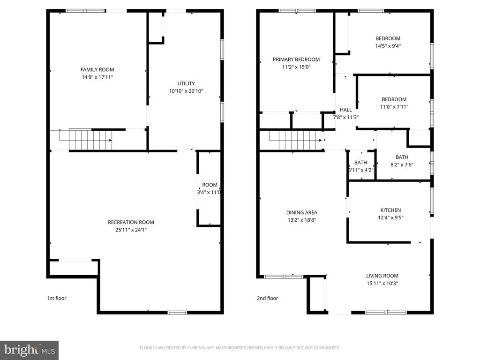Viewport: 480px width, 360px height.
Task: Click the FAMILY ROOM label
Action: [97, 70]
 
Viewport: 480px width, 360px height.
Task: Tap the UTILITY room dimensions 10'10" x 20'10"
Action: [186, 91]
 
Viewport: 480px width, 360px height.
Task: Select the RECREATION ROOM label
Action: [131, 222]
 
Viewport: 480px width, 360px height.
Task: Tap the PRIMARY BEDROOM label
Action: [296, 60]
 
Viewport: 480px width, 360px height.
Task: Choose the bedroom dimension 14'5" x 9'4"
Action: [388, 46]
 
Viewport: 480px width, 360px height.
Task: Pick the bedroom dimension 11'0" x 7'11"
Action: [394, 107]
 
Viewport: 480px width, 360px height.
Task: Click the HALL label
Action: [345, 110]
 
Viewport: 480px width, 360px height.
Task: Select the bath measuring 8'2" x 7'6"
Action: [402, 161]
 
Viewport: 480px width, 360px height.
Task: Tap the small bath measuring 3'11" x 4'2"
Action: [360, 166]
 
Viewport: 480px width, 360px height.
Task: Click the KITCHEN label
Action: [390, 210]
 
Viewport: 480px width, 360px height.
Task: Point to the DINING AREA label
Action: [302, 212]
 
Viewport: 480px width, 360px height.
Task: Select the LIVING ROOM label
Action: [382, 276]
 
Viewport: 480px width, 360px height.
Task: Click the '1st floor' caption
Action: [57, 298]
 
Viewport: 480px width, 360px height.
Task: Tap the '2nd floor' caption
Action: [267, 298]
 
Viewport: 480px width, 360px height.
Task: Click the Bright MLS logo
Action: [29, 350]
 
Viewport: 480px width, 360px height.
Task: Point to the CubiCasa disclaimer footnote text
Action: [240, 348]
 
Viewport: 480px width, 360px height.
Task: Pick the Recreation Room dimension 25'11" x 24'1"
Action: [131, 230]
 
